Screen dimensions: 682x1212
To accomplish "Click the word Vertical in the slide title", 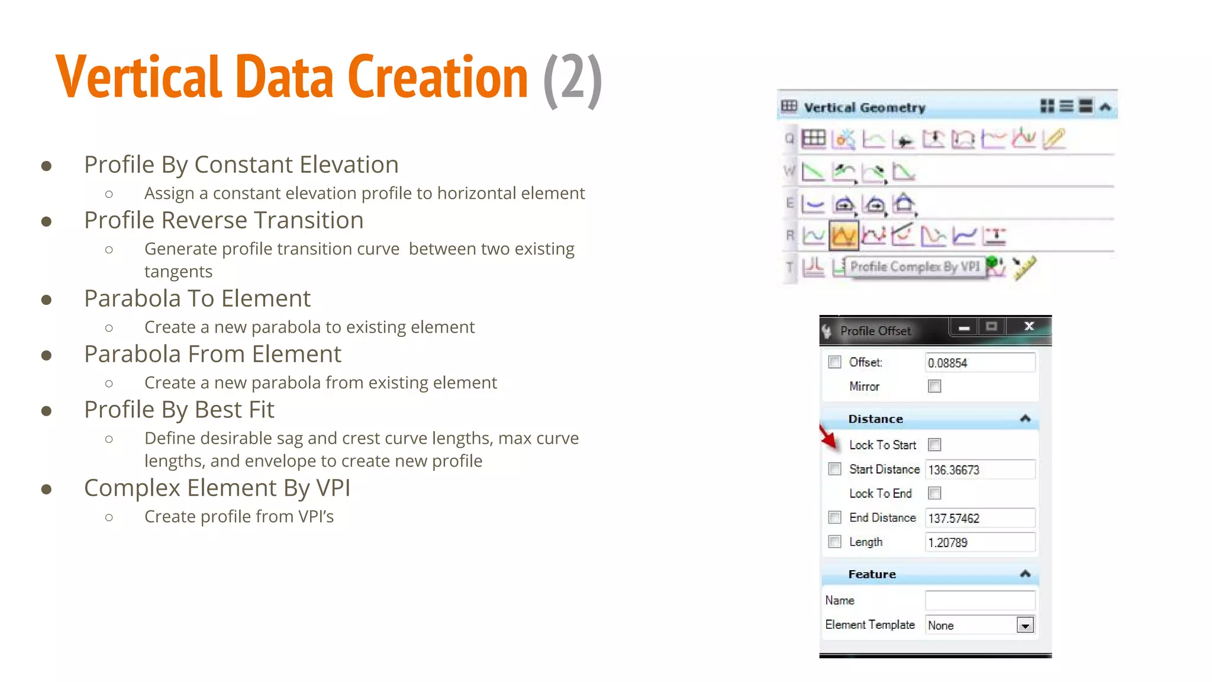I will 137,77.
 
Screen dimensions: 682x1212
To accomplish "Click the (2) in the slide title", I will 572,78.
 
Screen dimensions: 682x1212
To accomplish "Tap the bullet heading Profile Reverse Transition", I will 223,220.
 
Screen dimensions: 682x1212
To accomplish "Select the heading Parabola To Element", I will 197,298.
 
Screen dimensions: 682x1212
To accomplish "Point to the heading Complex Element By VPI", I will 217,488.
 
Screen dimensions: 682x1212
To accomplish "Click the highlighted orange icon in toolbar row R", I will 843,236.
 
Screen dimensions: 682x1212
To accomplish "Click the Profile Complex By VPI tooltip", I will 914,266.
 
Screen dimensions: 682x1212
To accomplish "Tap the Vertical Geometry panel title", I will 864,108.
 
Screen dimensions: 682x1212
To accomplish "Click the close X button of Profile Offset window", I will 1029,326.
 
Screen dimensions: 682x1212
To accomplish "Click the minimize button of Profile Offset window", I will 964,327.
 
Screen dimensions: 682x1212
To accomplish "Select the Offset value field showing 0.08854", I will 979,362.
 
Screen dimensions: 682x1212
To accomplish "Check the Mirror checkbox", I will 934,387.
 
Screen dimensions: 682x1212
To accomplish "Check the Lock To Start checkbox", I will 934,445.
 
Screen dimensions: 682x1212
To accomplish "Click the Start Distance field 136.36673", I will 979,469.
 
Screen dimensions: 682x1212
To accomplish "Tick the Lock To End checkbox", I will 934,493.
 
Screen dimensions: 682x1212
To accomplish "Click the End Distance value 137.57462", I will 979,518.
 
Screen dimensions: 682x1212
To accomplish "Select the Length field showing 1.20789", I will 979,542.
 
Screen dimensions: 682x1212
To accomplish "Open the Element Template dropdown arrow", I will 1025,625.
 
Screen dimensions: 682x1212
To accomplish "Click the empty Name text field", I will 979,600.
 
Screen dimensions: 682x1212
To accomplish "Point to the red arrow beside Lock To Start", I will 829,438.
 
